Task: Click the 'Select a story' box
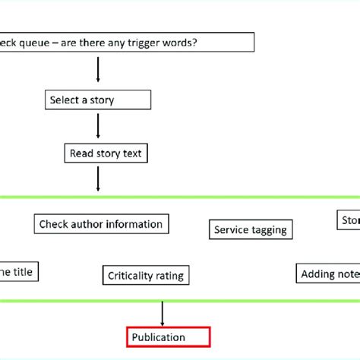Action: pos(96,100)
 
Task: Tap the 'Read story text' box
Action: pos(106,153)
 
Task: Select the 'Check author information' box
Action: pos(101,224)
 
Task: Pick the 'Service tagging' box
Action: pos(250,229)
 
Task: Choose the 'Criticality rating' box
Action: pos(146,276)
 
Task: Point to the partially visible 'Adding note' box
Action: pos(327,273)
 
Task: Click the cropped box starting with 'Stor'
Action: pos(348,220)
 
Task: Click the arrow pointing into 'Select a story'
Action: pos(98,70)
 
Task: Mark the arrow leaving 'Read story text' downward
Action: pos(98,179)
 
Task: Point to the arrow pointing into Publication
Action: pos(163,314)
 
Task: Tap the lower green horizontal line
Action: pos(180,301)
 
